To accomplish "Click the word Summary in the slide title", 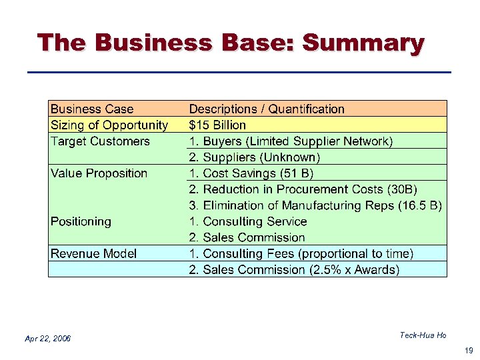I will coord(363,43).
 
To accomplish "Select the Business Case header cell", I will coord(92,109).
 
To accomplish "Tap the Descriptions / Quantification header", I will coord(267,109).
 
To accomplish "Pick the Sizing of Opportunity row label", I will coord(109,125).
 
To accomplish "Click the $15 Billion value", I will coord(217,125).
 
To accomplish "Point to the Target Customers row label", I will coord(100,141).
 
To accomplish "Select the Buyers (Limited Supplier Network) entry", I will coord(291,141).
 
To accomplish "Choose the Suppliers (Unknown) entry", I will coord(255,157).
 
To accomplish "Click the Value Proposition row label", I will coord(99,173).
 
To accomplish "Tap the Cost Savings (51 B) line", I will coord(251,173).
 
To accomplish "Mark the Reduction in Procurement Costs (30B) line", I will coord(303,189).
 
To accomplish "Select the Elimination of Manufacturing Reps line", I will coord(315,205).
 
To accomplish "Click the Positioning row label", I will coord(81,221).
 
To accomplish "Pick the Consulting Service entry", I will coord(248,221).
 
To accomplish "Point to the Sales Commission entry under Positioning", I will coord(247,237).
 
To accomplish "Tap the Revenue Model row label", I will coord(93,253).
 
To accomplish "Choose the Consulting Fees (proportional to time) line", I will coord(301,253).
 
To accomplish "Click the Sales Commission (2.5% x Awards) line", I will coord(294,269).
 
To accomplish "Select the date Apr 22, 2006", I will coord(47,339).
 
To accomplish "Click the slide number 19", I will coord(468,349).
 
